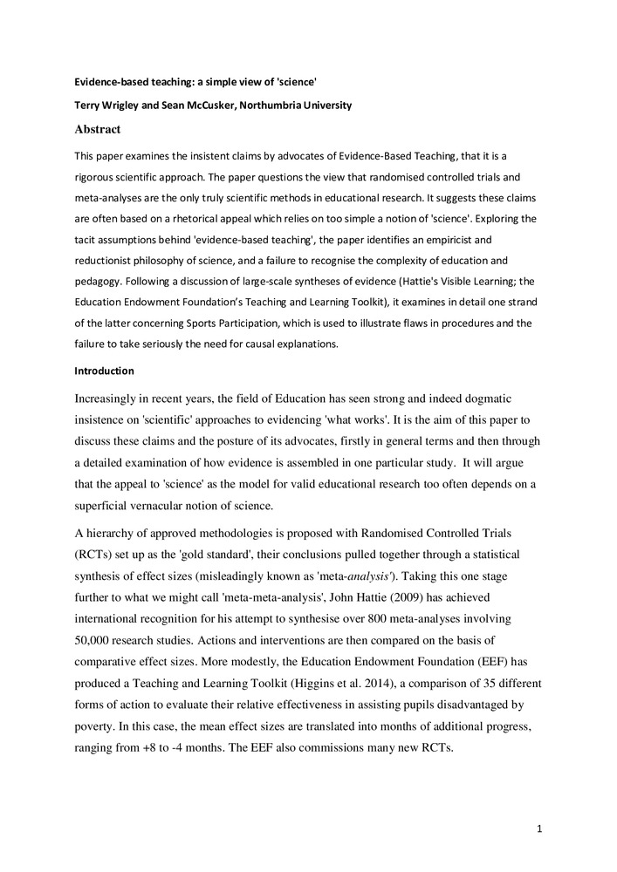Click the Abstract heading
click(x=98, y=129)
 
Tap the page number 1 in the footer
click(x=540, y=828)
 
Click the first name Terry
click(x=87, y=106)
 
